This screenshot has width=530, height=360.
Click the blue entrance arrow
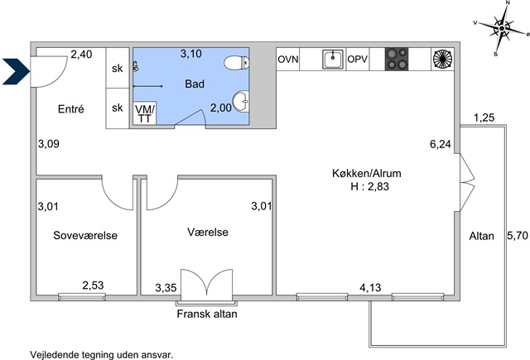coord(16,71)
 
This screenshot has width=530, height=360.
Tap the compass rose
coord(502,28)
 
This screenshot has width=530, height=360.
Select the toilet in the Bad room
coord(237,62)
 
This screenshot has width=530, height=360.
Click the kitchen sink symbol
coord(333,59)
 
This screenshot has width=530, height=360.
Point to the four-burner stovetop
coord(397,59)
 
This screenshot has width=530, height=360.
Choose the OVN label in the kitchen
coord(288,60)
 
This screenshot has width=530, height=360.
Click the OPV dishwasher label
coord(357,59)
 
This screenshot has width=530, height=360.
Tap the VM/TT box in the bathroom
coord(145,113)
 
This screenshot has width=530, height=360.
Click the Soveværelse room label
coord(85,235)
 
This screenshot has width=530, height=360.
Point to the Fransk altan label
coord(207,314)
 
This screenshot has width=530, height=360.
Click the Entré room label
coord(71,108)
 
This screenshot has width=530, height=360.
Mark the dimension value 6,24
coord(441,144)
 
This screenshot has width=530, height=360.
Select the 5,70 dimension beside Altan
coord(518,235)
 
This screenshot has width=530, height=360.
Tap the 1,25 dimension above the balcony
coord(484,118)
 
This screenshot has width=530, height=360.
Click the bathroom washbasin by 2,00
coord(241,101)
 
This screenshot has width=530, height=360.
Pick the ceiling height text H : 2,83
coord(370,186)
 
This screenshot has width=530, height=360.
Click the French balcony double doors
coord(207,285)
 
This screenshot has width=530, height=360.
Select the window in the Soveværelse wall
coord(82,297)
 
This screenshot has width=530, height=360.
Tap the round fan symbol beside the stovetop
coord(442,59)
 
